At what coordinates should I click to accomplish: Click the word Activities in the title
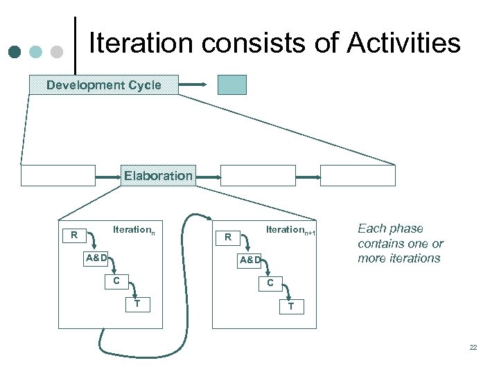[x=403, y=43]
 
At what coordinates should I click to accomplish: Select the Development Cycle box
[x=103, y=85]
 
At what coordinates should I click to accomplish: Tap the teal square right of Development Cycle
[x=231, y=84]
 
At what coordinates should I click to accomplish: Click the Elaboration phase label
[x=158, y=176]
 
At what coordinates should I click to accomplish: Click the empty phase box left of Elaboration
[x=58, y=176]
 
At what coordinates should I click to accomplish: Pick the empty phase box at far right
[x=358, y=176]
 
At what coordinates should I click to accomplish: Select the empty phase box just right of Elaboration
[x=258, y=176]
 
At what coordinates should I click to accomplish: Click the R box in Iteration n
[x=73, y=235]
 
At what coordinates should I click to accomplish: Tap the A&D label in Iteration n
[x=96, y=258]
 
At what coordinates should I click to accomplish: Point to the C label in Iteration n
[x=116, y=280]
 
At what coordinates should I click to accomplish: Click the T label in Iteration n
[x=137, y=303]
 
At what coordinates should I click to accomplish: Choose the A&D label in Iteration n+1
[x=250, y=260]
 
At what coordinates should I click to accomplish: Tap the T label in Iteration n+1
[x=291, y=306]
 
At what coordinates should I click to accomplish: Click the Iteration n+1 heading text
[x=290, y=230]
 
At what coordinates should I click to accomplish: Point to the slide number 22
[x=473, y=347]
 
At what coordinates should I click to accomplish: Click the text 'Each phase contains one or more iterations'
[x=399, y=243]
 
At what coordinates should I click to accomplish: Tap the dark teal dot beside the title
[x=15, y=52]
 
